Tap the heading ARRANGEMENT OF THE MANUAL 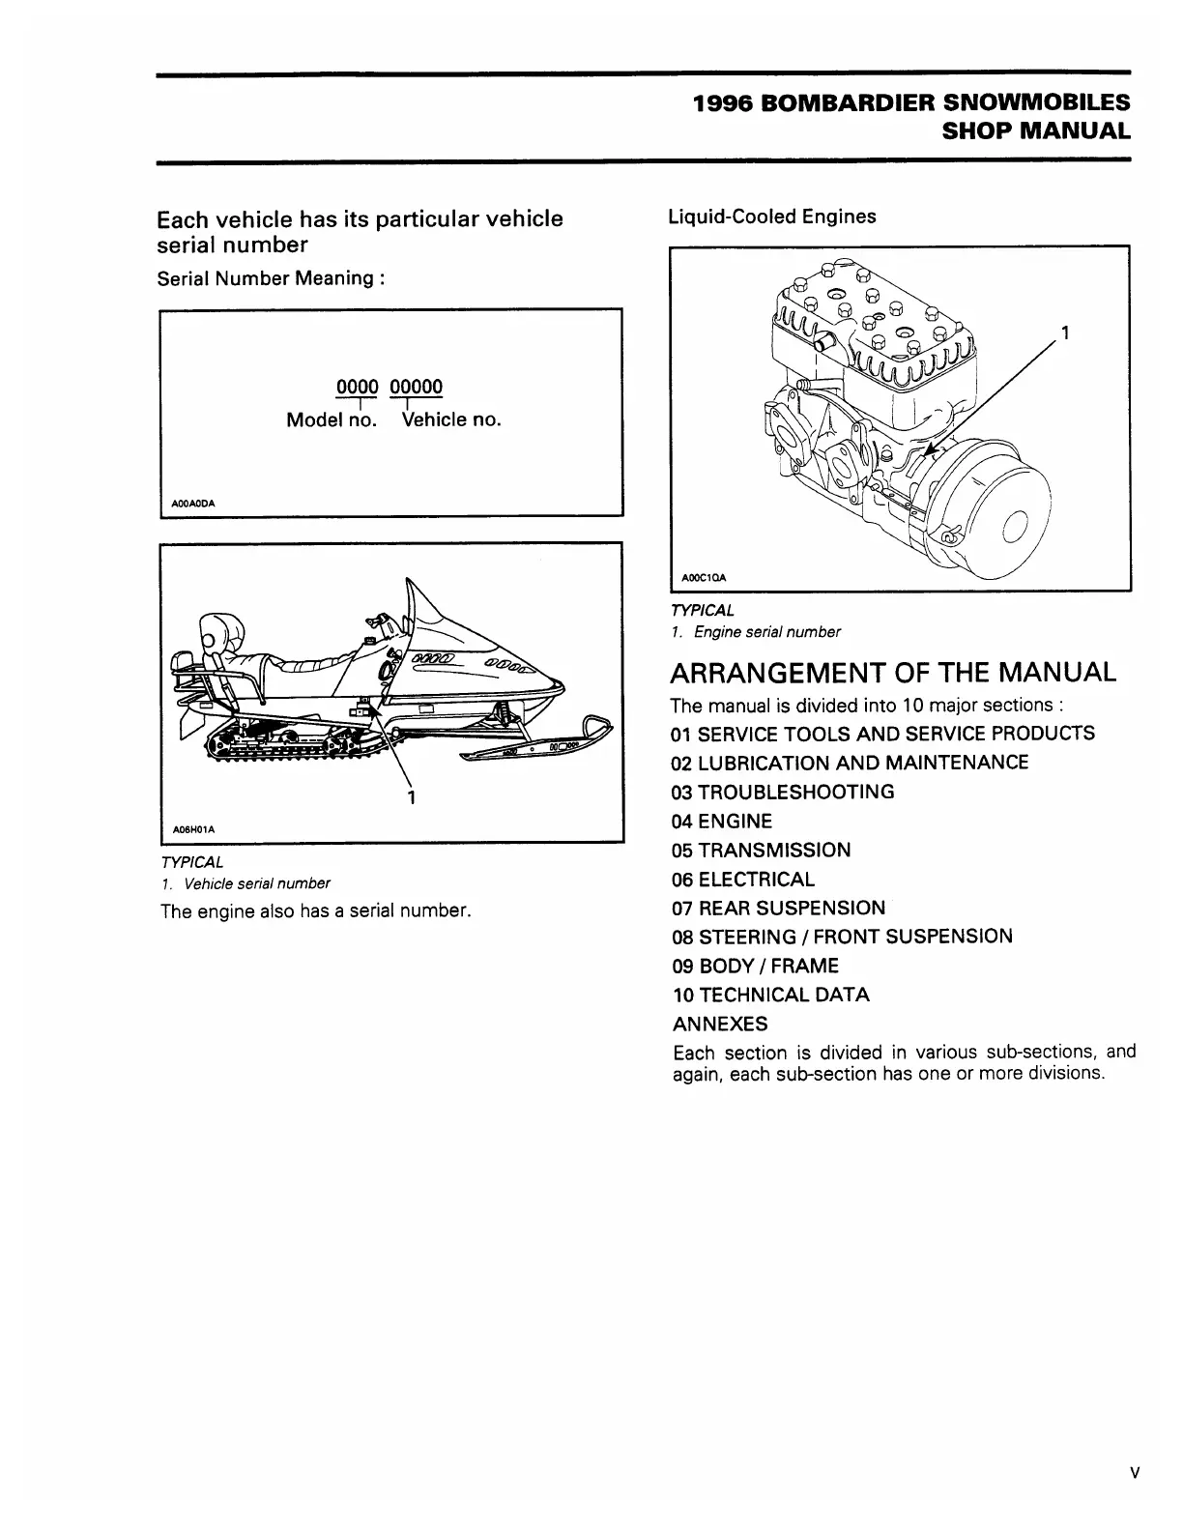(x=894, y=672)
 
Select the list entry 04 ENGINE (x=722, y=822)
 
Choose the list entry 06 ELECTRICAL (x=743, y=880)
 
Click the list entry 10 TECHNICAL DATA (x=770, y=995)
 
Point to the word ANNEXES (x=720, y=1024)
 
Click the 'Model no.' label (x=332, y=420)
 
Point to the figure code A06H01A (x=192, y=829)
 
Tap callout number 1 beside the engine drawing (x=1064, y=334)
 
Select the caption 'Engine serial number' (x=766, y=632)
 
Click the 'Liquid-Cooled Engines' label (x=772, y=217)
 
